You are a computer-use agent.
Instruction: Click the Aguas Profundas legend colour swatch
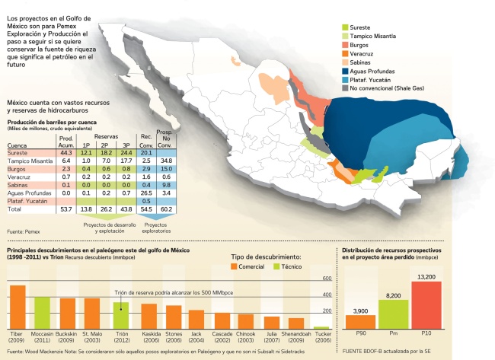click(346, 70)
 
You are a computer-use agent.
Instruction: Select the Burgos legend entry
click(369, 45)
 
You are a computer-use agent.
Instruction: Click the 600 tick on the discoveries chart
click(327, 278)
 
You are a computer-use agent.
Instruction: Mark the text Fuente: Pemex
click(23, 229)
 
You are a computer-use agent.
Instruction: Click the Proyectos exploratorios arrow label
click(155, 227)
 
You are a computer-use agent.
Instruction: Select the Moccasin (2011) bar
click(42, 311)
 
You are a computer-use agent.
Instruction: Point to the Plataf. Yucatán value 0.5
click(145, 200)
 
